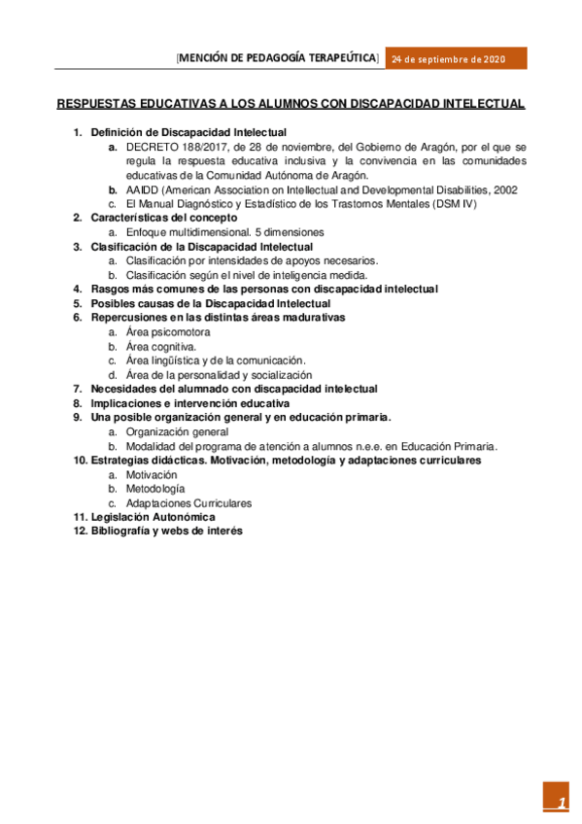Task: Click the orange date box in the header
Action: coord(457,59)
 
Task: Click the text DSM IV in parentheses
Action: coord(456,204)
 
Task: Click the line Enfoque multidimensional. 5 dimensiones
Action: coord(224,233)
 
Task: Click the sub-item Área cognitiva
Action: coord(160,346)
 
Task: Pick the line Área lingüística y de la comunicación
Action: coord(216,360)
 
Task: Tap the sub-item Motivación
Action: coord(152,474)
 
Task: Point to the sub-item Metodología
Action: coord(155,489)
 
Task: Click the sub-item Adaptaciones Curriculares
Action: coord(188,503)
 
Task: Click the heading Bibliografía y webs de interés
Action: coord(166,532)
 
